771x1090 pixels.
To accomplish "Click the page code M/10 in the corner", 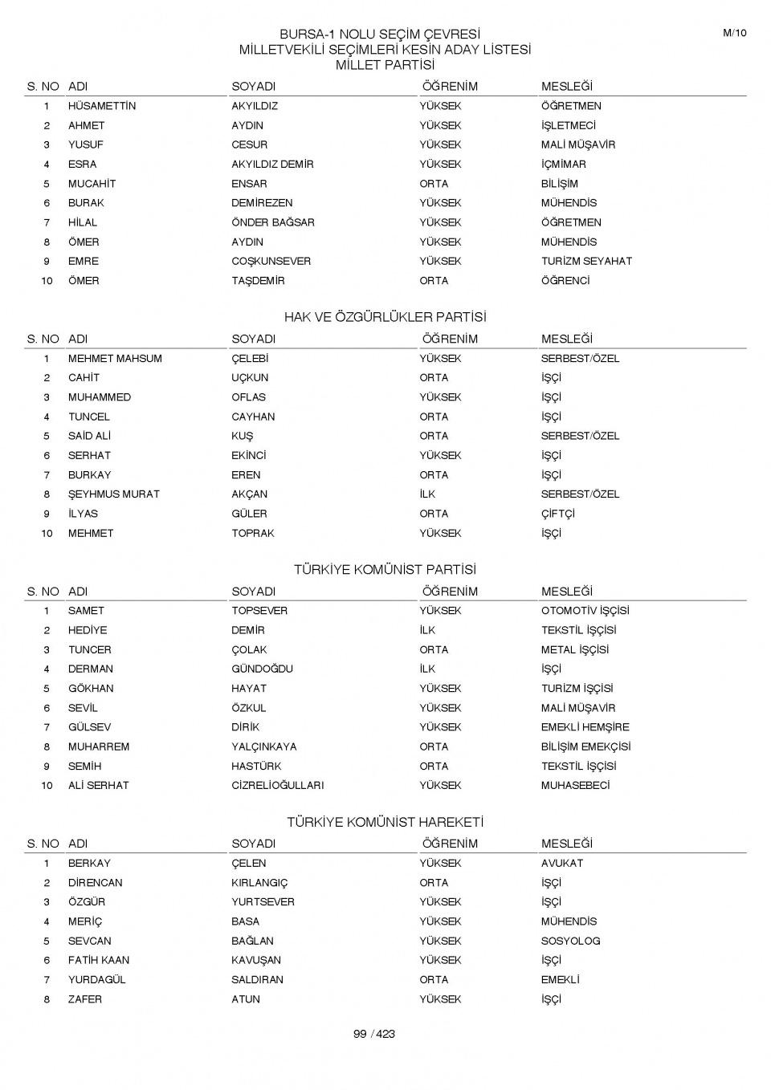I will [734, 33].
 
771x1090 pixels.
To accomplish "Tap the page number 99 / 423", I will [374, 1034].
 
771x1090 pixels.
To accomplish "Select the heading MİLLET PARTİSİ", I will [385, 65].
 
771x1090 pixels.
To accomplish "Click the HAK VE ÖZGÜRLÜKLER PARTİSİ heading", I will [385, 317].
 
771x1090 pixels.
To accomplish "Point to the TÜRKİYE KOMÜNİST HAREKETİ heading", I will [385, 822].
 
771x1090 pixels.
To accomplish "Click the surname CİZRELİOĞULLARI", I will [277, 785].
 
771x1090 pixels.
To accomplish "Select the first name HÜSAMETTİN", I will [102, 106].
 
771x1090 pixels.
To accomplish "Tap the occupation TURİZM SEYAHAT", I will [586, 261].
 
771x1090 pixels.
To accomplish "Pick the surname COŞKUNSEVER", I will [271, 261].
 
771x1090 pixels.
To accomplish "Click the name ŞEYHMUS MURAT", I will [113, 494].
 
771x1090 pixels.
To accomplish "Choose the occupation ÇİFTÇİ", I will [557, 514].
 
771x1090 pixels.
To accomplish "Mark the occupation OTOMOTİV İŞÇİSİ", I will [585, 611].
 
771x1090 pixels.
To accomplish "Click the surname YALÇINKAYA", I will [263, 746].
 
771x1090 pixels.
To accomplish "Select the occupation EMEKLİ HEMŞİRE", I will [585, 727].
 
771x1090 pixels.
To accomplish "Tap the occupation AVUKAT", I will [562, 863].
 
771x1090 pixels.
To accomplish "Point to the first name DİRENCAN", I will [95, 883].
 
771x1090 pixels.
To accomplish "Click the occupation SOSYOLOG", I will [570, 941].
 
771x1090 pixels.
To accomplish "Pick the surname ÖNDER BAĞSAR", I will [272, 222].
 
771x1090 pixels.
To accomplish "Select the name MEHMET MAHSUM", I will [115, 359].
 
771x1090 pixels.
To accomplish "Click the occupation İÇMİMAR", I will [563, 164].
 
